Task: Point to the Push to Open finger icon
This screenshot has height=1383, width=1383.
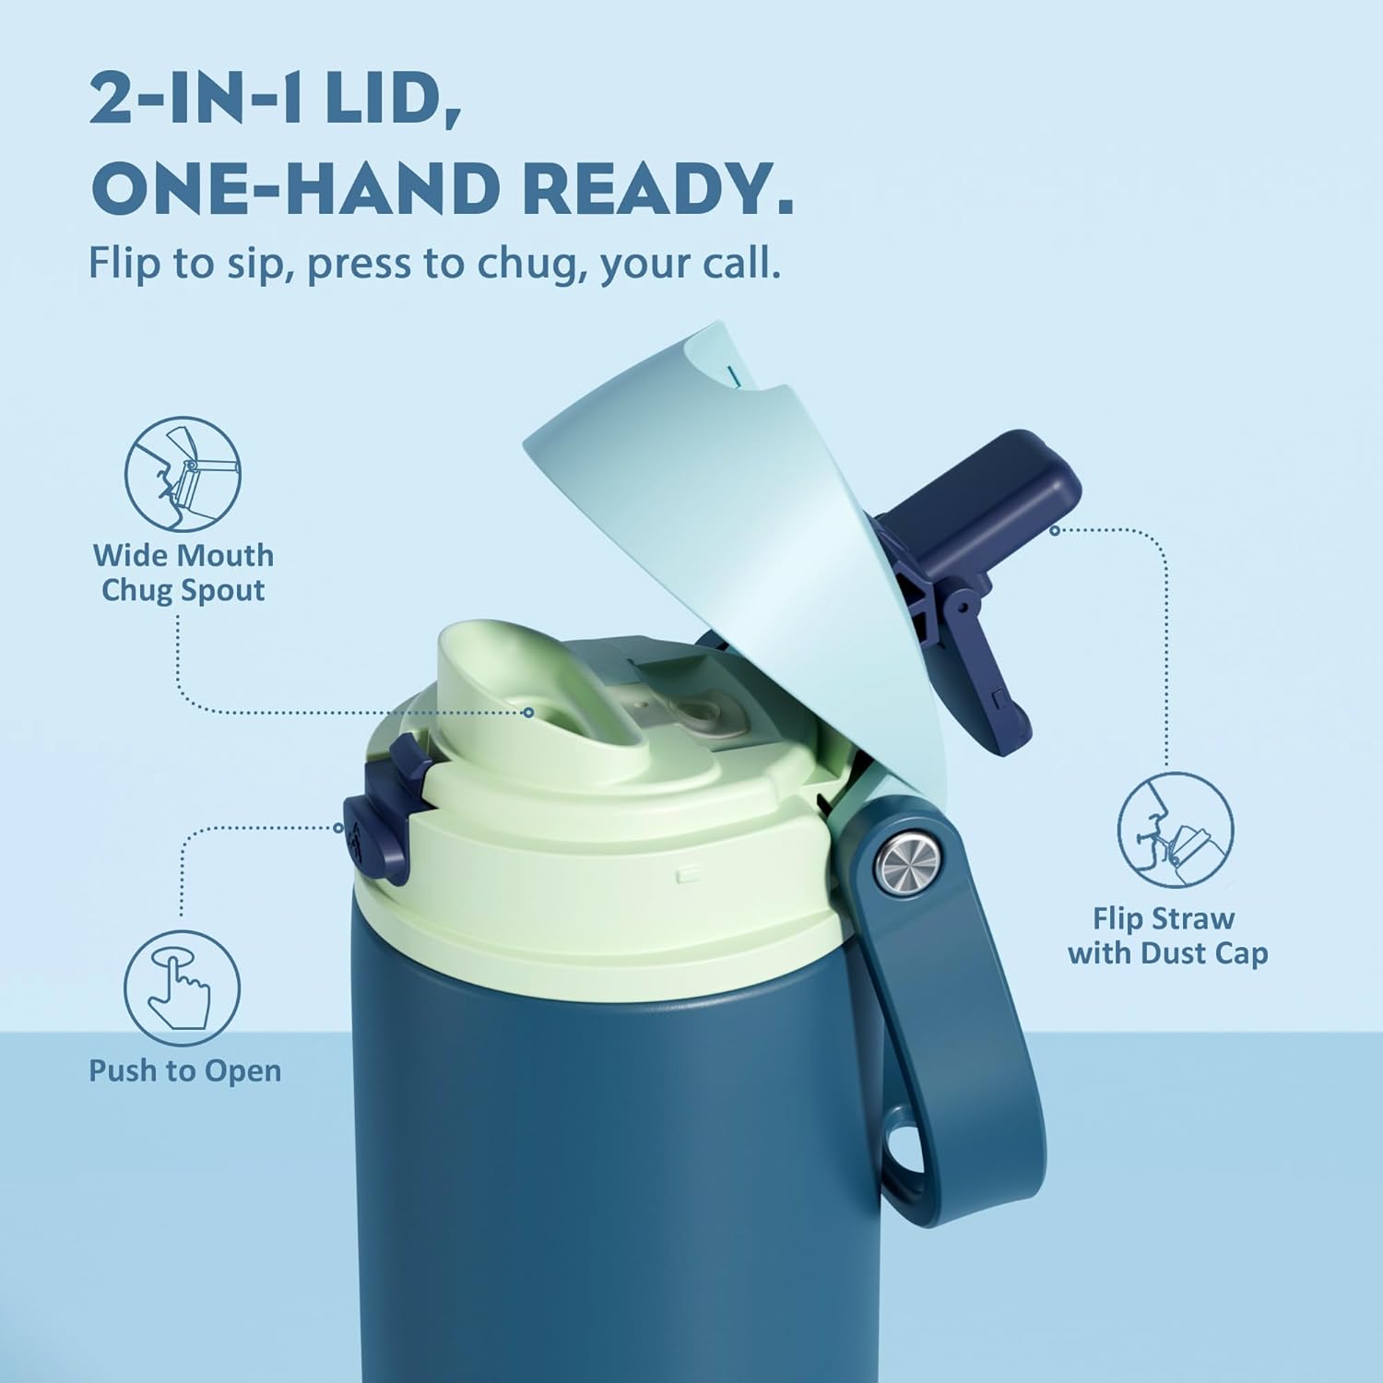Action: [183, 989]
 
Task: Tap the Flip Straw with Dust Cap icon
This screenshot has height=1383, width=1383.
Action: [1176, 831]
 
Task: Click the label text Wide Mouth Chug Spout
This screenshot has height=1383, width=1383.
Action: [183, 573]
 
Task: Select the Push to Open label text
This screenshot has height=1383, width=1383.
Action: [184, 1070]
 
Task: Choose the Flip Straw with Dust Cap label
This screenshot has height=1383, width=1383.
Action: [1167, 935]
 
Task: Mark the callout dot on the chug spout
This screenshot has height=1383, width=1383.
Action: [528, 712]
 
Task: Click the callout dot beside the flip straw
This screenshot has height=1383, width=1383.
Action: [1055, 530]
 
